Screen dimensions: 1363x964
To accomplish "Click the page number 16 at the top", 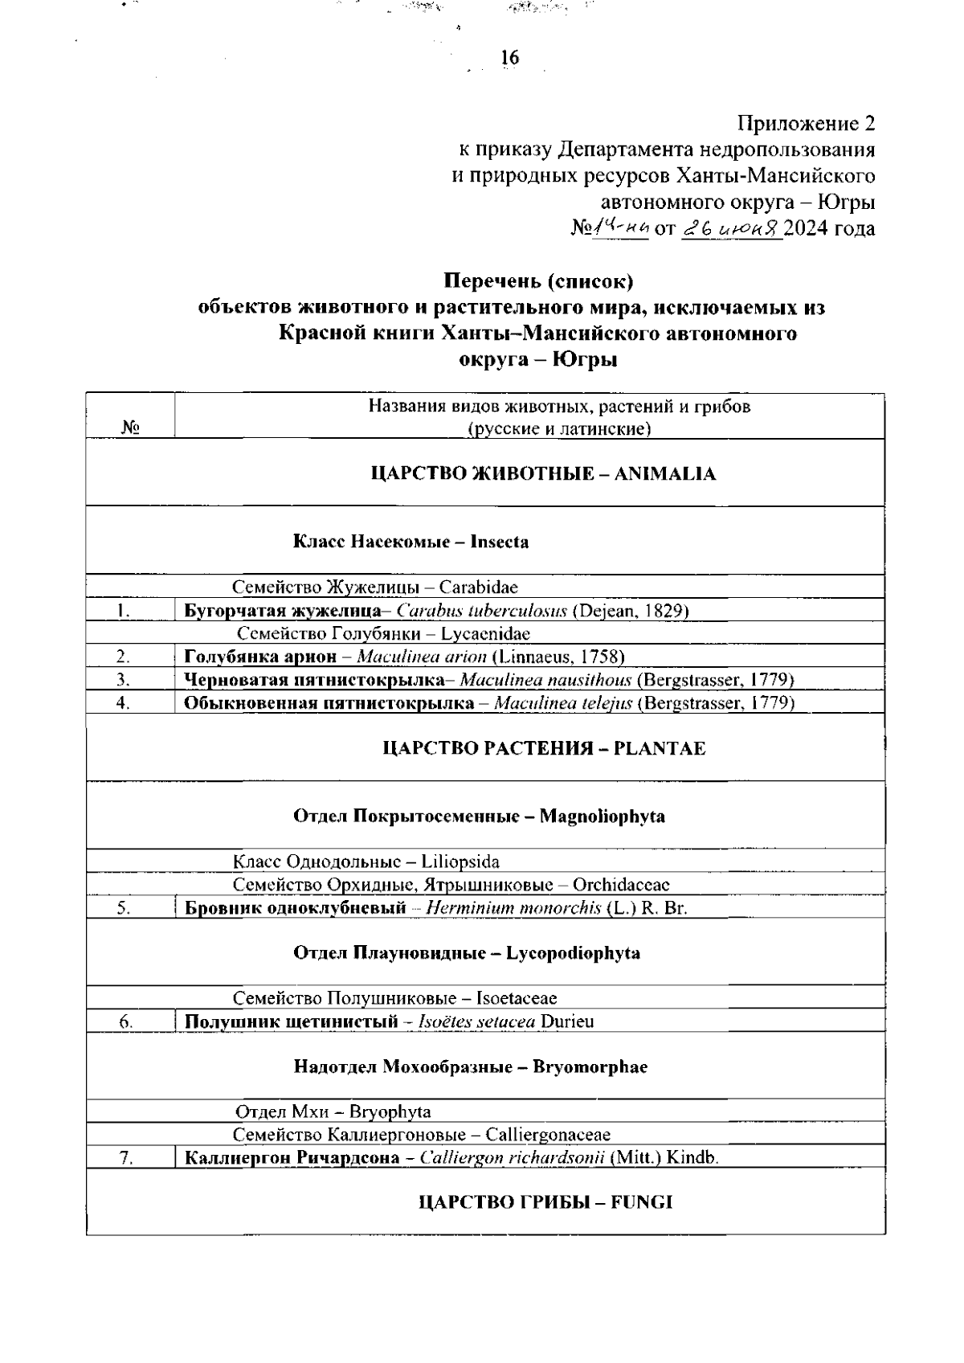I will point(509,58).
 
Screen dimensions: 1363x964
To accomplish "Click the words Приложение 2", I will point(806,124).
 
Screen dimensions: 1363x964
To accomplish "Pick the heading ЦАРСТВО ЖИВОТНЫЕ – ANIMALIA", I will point(543,473).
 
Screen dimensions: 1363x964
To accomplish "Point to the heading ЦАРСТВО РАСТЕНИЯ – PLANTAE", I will point(544,748).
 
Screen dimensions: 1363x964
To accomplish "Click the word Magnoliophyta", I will point(602,817).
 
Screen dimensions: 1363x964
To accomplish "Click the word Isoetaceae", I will point(517,998).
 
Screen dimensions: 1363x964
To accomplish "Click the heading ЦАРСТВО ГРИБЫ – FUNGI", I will point(546,1202).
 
